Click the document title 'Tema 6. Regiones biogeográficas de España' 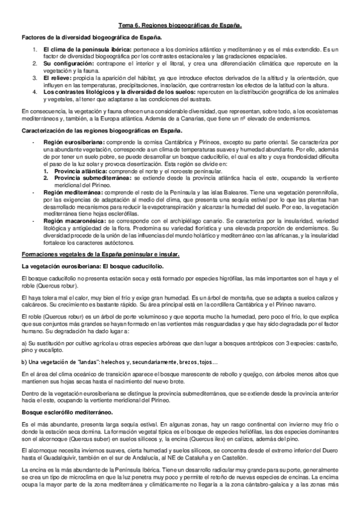179,26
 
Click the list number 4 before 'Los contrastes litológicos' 35,91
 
